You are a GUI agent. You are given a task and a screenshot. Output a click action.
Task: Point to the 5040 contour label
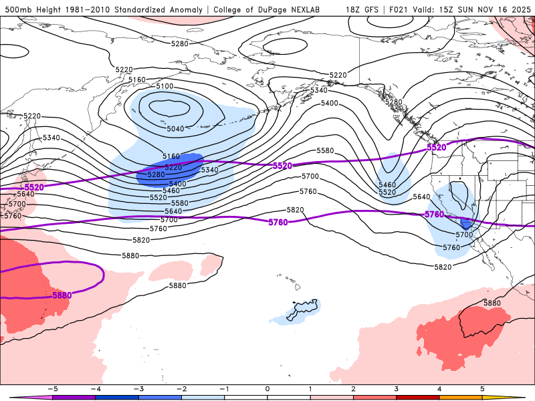[x=175, y=129]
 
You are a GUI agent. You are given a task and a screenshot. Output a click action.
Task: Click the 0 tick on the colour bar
[x=267, y=388]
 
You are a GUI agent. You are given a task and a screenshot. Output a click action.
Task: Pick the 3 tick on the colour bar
[x=397, y=388]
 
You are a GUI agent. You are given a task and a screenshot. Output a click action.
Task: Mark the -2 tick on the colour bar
[x=181, y=388]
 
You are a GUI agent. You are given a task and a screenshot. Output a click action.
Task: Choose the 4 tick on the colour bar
[x=439, y=388]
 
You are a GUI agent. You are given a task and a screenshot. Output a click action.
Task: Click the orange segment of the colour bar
[x=461, y=397]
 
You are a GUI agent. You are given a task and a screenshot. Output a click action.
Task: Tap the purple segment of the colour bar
[x=74, y=397]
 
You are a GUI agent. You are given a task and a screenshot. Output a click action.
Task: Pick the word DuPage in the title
[x=276, y=9]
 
